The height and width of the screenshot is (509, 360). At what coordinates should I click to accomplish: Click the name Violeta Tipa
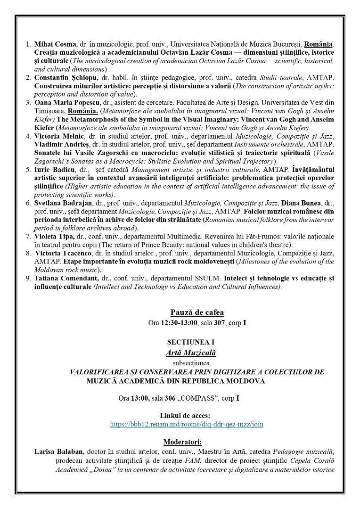(x=53, y=236)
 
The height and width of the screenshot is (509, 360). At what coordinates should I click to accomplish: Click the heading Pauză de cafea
(x=197, y=312)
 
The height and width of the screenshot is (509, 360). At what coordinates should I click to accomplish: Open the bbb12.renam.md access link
(x=186, y=424)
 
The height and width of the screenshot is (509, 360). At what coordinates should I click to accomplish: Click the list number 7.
(x=29, y=236)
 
